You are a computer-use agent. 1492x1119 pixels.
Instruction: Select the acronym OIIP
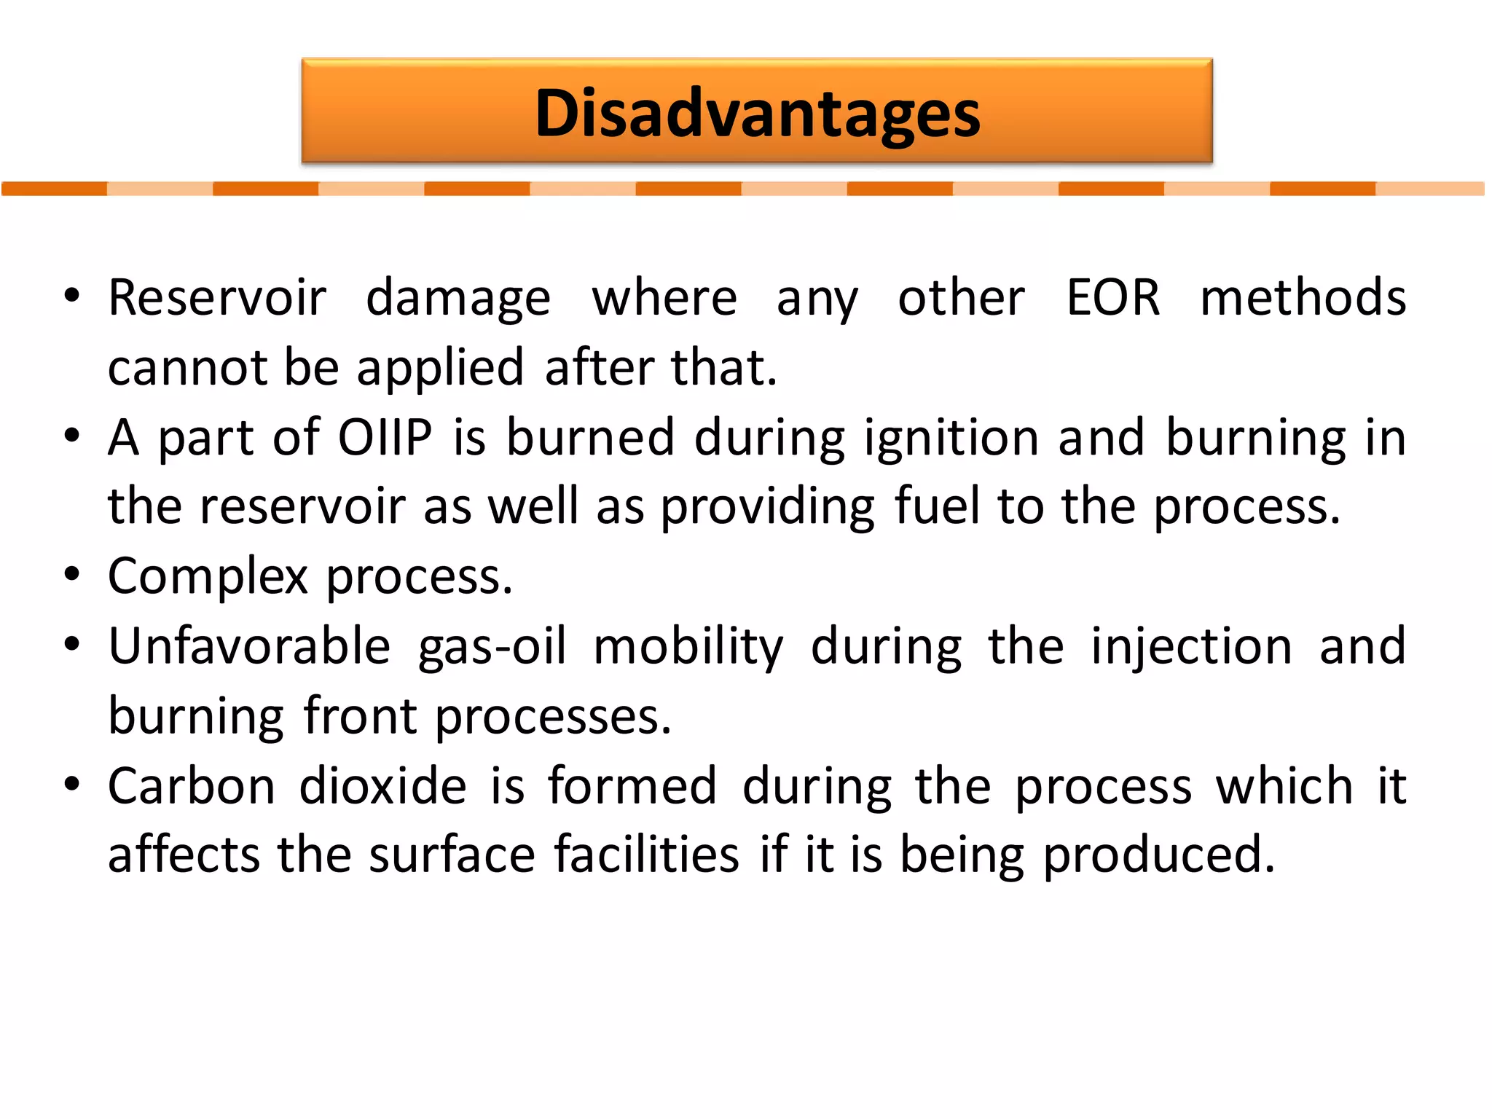(385, 437)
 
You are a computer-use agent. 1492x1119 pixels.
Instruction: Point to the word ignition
(951, 439)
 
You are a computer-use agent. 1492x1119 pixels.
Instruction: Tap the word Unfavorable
(249, 646)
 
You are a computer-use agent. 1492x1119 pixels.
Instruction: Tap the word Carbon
(192, 786)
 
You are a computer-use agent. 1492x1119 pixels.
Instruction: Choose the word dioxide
(382, 786)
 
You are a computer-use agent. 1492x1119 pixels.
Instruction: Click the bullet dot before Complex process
(71, 574)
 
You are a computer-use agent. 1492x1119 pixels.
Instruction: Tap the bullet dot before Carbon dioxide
(71, 784)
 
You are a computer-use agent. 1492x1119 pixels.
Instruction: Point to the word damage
(458, 299)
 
